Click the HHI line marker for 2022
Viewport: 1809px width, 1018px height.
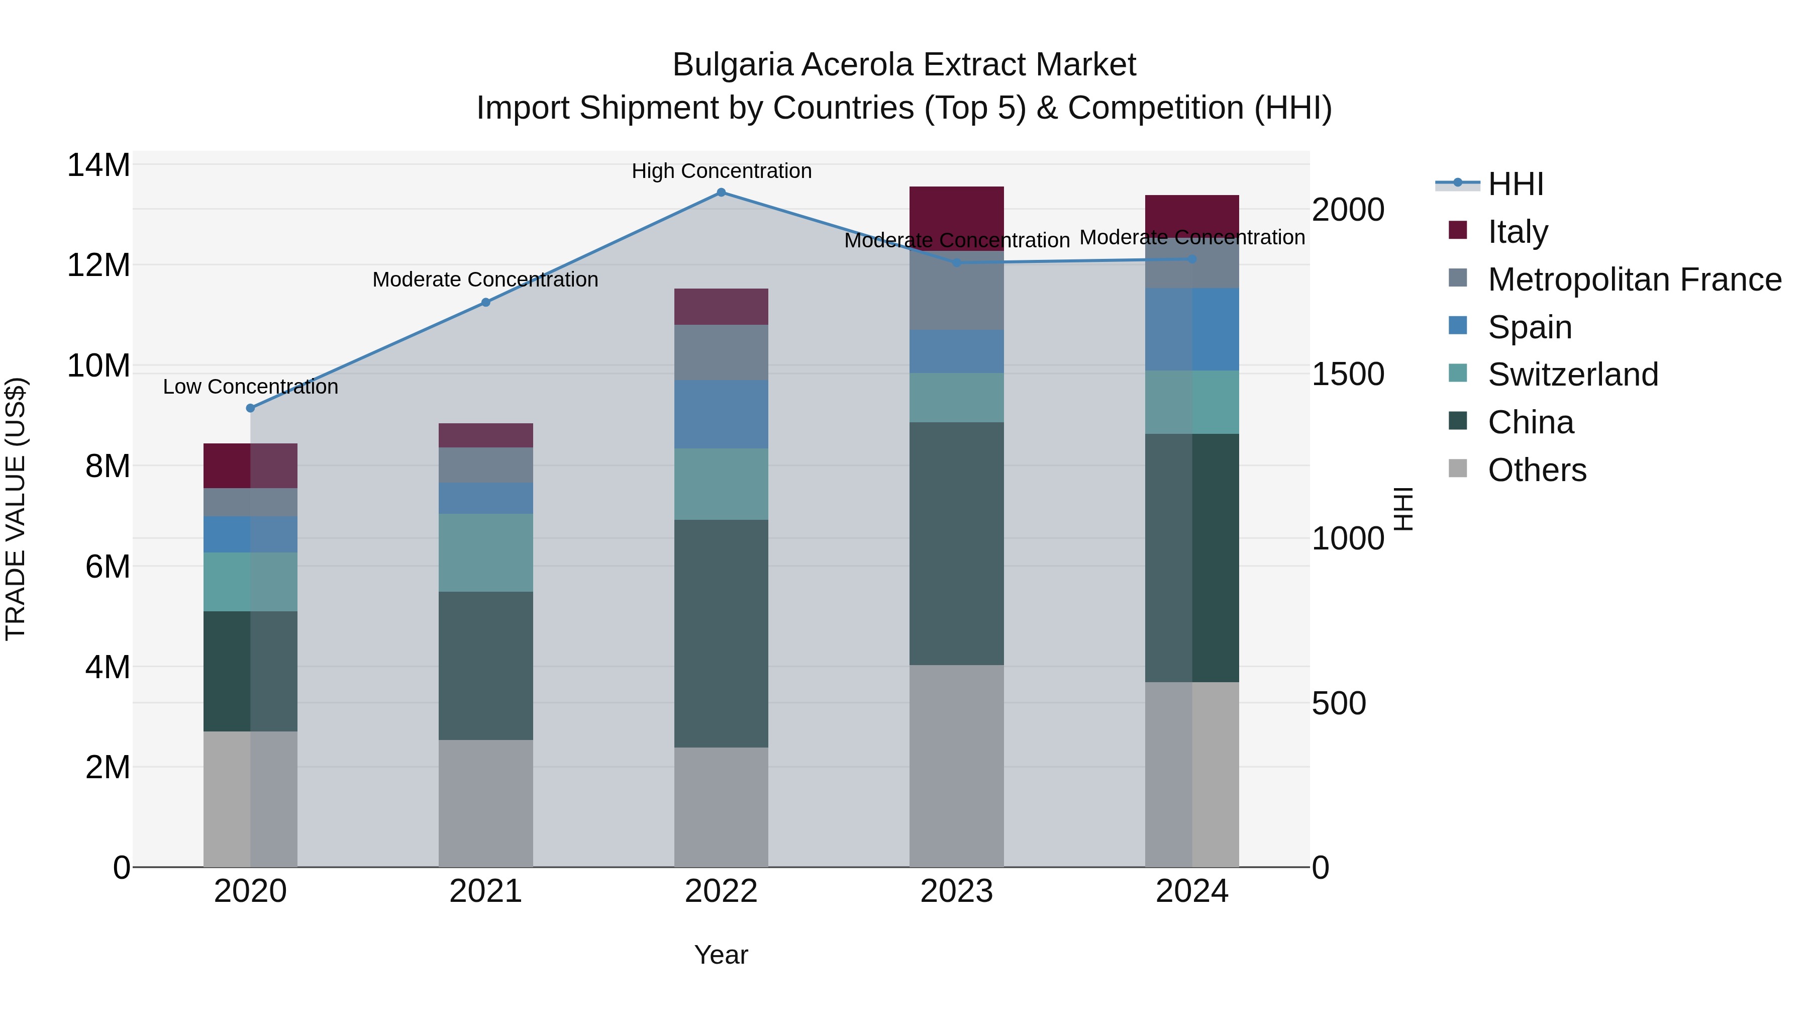pyautogui.click(x=721, y=192)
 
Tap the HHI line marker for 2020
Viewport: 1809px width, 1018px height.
pyautogui.click(x=250, y=408)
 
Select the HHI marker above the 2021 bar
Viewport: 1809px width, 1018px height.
pyautogui.click(x=485, y=302)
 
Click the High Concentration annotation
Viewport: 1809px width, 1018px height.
pyautogui.click(x=721, y=171)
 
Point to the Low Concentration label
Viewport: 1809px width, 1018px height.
pyautogui.click(x=250, y=387)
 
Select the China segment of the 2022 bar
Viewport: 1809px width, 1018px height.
pyautogui.click(x=721, y=632)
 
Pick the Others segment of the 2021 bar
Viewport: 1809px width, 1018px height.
pyautogui.click(x=485, y=802)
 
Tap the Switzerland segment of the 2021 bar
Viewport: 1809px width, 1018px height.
pyautogui.click(x=485, y=552)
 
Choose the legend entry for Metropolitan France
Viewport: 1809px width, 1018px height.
pyautogui.click(x=1634, y=280)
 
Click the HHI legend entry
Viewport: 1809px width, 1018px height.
pyautogui.click(x=1515, y=184)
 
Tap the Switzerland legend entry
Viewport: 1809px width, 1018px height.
pyautogui.click(x=1572, y=375)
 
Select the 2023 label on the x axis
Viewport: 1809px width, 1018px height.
pyautogui.click(x=956, y=891)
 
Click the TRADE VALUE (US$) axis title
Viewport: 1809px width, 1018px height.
pyautogui.click(x=16, y=509)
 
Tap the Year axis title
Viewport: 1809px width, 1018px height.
pyautogui.click(x=721, y=955)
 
